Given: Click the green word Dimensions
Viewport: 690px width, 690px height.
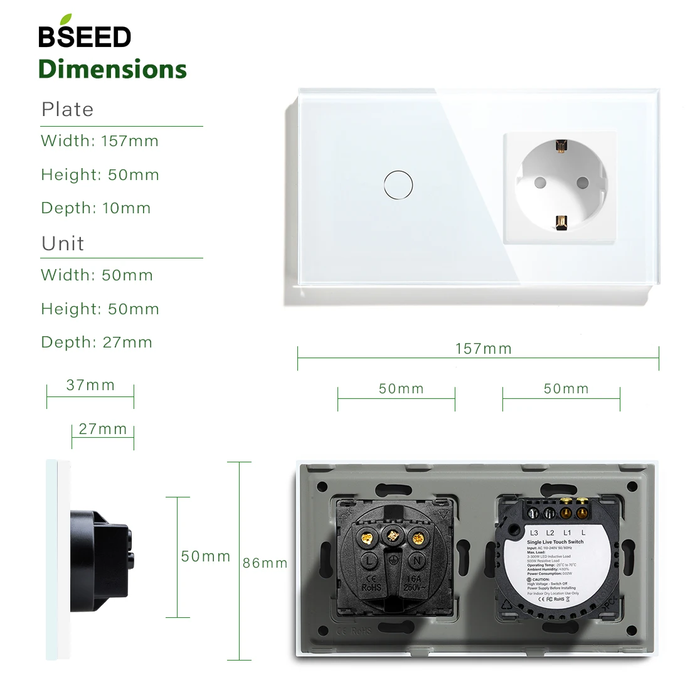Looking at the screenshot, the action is click(113, 69).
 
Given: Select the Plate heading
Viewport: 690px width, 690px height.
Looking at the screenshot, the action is click(68, 109).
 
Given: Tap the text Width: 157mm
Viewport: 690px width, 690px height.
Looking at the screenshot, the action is click(100, 141).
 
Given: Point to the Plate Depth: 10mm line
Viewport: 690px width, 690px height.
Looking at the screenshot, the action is click(96, 208).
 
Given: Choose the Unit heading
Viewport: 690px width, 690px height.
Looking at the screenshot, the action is click(63, 243).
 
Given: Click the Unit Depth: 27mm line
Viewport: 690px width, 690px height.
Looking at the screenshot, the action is click(97, 342).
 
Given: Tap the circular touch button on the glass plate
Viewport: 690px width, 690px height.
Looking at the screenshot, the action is click(398, 184).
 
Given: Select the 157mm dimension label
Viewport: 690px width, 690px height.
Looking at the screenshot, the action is click(483, 349).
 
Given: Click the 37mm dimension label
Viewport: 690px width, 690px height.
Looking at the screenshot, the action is click(90, 385).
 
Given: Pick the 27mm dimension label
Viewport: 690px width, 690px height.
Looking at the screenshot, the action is click(103, 429).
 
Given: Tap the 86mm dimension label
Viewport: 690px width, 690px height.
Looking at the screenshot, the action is click(265, 563).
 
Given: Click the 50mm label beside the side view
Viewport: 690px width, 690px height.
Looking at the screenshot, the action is click(206, 556).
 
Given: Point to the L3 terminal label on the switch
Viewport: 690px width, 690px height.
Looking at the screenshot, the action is click(534, 533).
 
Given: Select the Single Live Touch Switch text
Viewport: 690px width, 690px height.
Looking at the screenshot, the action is click(555, 541).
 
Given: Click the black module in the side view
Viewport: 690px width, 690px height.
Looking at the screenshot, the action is click(100, 560).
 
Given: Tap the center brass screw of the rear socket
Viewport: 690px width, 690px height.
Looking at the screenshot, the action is click(393, 536).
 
